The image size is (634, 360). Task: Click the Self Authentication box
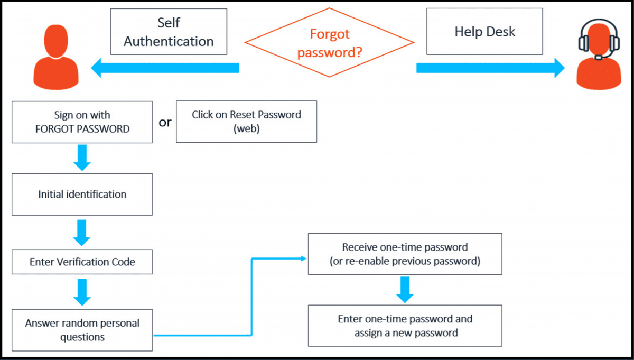pyautogui.click(x=169, y=32)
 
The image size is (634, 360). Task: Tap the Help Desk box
pyautogui.click(x=484, y=31)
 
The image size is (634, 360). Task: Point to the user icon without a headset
pyautogui.click(x=56, y=53)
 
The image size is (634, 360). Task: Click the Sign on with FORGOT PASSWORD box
pyautogui.click(x=82, y=122)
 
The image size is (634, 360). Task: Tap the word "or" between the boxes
pyautogui.click(x=165, y=122)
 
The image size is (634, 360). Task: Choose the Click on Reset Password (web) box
pyautogui.click(x=246, y=122)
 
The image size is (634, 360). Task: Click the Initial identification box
pyautogui.click(x=82, y=194)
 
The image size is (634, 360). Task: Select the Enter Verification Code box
pyautogui.click(x=82, y=262)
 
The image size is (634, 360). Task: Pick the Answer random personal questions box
pyautogui.click(x=82, y=330)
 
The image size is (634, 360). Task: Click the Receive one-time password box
pyautogui.click(x=405, y=254)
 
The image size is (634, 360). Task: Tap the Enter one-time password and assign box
pyautogui.click(x=405, y=326)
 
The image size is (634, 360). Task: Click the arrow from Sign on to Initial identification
pyautogui.click(x=82, y=158)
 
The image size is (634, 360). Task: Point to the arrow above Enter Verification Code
pyautogui.click(x=82, y=233)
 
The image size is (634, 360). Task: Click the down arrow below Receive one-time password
pyautogui.click(x=405, y=290)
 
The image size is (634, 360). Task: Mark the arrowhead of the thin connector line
pyautogui.click(x=304, y=259)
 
